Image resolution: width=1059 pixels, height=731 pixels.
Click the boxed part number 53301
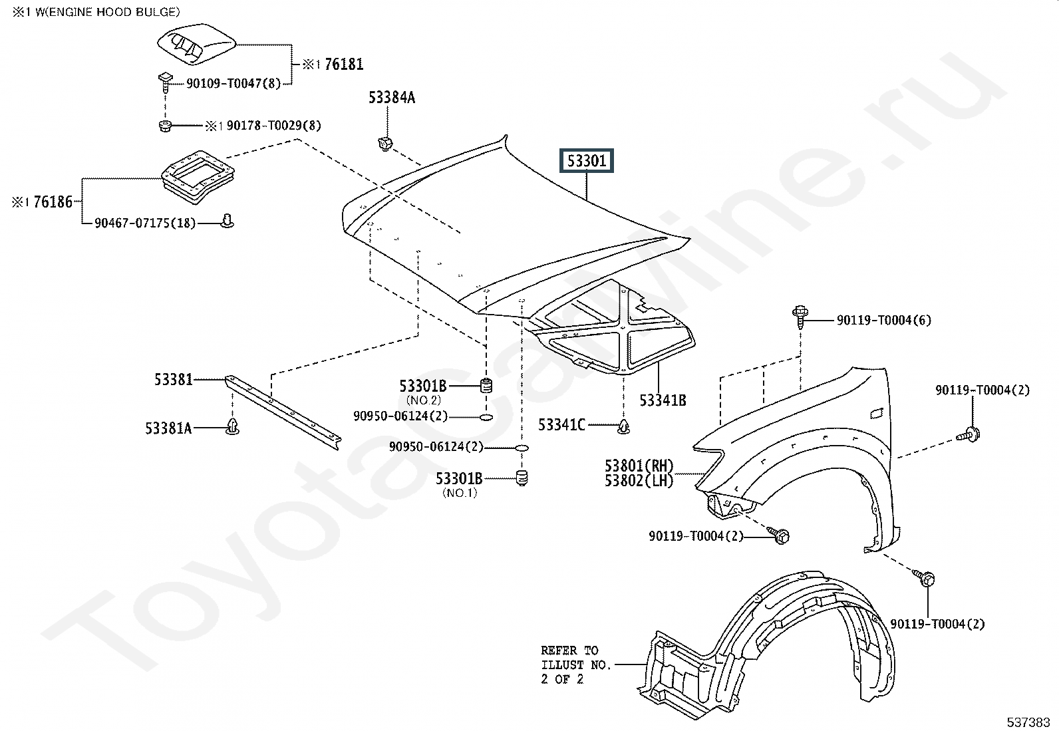click(x=586, y=161)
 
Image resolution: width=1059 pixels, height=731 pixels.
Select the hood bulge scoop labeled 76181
click(x=196, y=47)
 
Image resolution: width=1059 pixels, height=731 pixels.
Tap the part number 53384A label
click(x=392, y=98)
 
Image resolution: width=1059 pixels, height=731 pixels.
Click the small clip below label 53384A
click(x=385, y=142)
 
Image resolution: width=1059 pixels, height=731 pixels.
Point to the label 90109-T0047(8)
click(x=233, y=84)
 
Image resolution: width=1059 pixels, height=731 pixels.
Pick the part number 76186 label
click(x=53, y=202)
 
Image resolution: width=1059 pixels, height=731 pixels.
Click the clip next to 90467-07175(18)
click(x=227, y=221)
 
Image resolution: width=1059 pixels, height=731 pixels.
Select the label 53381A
click(x=168, y=428)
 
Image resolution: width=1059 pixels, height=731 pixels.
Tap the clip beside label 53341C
click(x=623, y=426)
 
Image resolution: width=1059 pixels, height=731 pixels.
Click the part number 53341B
click(x=663, y=400)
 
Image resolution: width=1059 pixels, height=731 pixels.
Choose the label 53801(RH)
click(x=639, y=466)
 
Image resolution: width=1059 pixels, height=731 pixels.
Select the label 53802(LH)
click(x=639, y=480)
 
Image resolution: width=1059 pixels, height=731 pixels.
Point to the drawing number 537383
click(x=1028, y=722)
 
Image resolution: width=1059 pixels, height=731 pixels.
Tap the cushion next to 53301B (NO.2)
click(x=486, y=385)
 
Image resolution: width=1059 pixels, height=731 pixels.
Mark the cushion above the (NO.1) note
click(x=522, y=477)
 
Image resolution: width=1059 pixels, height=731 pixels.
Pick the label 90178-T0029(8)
click(x=273, y=125)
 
